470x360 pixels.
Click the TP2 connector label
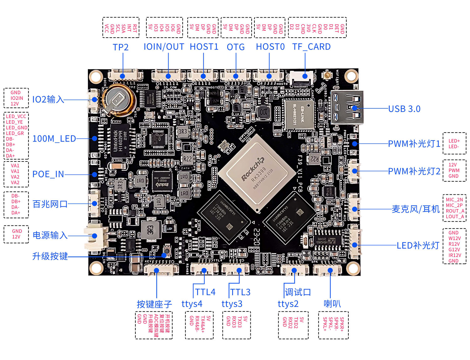pos(121,47)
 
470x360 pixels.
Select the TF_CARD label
pos(311,47)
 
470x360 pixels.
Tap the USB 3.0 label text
pos(404,109)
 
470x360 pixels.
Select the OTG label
pos(236,47)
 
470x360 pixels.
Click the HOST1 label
pos(204,47)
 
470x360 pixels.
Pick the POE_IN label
pos(48,174)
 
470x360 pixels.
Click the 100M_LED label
pos(54,139)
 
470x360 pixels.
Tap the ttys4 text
pos(192,304)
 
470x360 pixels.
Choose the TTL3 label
pos(240,292)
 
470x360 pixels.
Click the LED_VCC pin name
pos(16,116)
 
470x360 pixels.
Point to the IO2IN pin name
pos(17,98)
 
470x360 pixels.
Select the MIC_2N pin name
pos(454,200)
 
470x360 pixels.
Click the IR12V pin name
pos(455,255)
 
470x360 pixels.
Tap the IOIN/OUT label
pos(164,47)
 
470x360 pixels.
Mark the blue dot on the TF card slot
pos(305,76)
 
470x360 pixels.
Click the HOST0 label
pos(270,47)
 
